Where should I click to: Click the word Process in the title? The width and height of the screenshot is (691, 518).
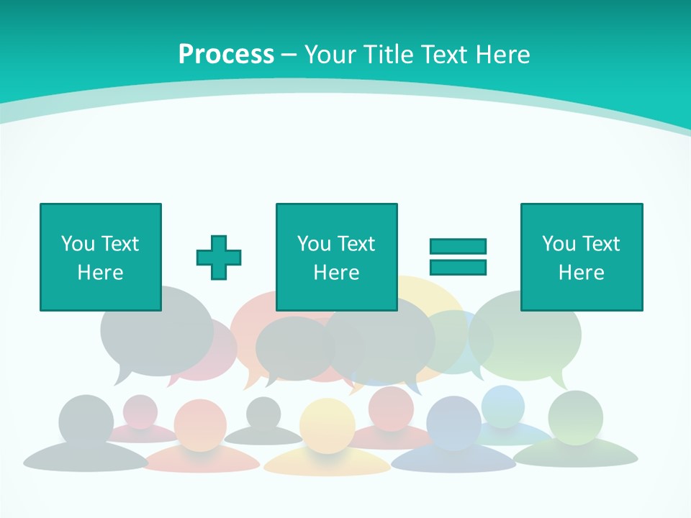pyautogui.click(x=226, y=55)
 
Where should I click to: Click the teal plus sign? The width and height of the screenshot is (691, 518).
pyautogui.click(x=219, y=258)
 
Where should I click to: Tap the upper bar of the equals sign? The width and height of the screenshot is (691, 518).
pyautogui.click(x=458, y=246)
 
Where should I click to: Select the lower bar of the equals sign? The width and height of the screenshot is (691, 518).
pyautogui.click(x=458, y=267)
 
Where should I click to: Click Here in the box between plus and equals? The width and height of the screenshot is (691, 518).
pyautogui.click(x=336, y=273)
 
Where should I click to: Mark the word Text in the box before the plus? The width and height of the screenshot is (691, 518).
pyautogui.click(x=120, y=244)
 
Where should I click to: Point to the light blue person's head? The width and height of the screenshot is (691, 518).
pyautogui.click(x=503, y=406)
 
